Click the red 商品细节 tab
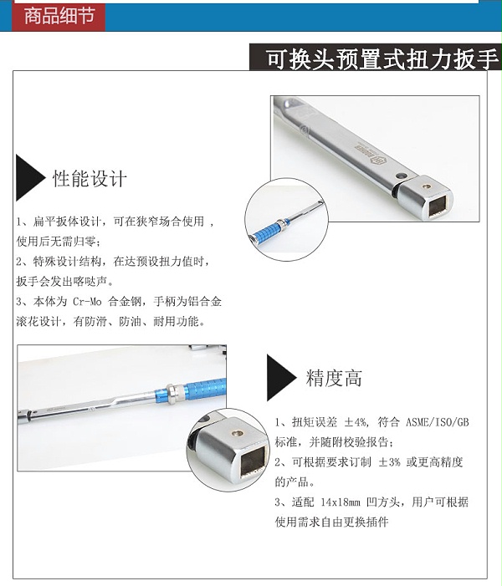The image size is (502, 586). point(59,16)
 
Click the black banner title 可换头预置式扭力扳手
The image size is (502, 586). point(382,59)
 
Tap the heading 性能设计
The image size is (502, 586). point(90,178)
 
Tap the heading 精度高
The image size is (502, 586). point(334,378)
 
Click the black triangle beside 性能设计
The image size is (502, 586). point(29,178)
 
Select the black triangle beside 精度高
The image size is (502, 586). point(280,378)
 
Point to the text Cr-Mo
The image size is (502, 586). point(87,301)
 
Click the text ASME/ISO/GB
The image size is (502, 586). point(438,422)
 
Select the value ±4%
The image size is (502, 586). point(355,422)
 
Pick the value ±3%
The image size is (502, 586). point(389,462)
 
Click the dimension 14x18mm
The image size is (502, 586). point(341,502)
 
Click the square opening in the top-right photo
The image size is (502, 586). point(439,204)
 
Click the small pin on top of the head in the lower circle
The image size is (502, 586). point(237,433)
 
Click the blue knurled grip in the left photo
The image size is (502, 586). point(207,389)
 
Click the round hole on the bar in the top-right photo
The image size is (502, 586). point(401,176)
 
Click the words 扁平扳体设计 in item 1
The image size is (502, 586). point(67,222)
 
